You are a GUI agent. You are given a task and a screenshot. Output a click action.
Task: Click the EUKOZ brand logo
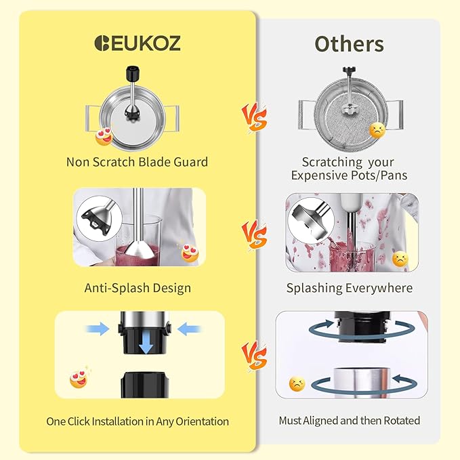point(138,43)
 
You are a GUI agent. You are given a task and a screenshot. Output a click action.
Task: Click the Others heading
point(349,43)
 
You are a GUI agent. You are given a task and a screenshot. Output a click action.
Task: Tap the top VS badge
point(255,117)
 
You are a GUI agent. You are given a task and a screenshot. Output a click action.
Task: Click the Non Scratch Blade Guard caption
point(137,162)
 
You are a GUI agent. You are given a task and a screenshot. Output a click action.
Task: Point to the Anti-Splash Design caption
point(138,288)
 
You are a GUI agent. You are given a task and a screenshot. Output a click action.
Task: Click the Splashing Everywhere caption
point(349,288)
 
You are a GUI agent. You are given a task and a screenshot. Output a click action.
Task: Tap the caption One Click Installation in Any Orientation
point(138,421)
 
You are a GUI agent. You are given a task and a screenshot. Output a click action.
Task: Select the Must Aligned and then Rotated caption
point(349,421)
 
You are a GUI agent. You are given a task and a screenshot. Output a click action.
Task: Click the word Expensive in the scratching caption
point(322,175)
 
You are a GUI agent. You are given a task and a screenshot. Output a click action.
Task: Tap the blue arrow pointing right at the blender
point(99,329)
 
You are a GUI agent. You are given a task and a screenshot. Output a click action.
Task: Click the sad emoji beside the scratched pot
point(376,130)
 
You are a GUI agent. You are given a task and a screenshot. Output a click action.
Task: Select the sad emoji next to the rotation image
point(297,384)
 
